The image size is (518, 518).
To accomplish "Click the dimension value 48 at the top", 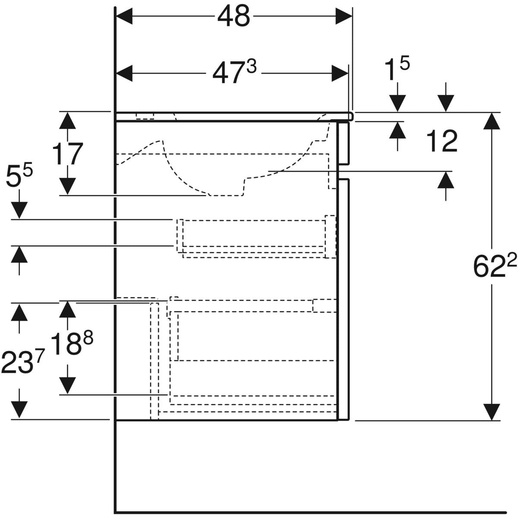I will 234,16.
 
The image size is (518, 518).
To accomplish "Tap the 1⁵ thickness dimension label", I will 397,69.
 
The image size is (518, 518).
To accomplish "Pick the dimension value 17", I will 67,154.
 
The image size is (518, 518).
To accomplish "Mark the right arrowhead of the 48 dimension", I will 344,16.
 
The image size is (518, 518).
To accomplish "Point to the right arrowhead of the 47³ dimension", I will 340,73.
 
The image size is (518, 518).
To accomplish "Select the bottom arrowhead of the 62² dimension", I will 491,412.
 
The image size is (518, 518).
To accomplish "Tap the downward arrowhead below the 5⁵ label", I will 19,211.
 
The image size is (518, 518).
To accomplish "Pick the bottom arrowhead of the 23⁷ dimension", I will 19,410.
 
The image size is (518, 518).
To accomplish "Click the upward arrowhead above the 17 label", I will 66,121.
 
